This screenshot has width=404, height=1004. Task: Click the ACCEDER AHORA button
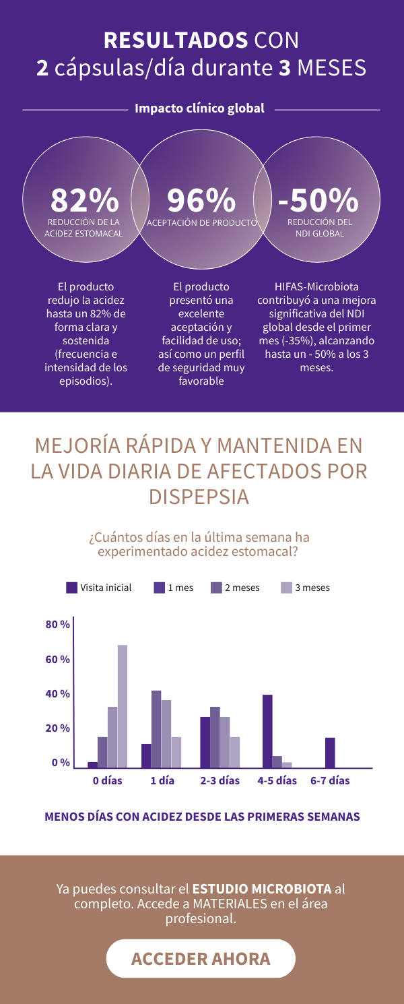coord(201,958)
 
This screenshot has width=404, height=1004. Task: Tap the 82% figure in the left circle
coord(84,199)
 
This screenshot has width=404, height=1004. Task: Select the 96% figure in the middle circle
coord(201,199)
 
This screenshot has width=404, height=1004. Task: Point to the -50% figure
coord(318,199)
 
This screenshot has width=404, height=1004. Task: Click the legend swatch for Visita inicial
coord(72,588)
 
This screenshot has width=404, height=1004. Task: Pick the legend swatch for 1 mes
coord(160,588)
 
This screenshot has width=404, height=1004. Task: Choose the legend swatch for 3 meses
coord(286,588)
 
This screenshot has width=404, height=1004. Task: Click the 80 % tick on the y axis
coord(58,625)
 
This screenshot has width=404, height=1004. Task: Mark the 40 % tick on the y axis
coord(58,694)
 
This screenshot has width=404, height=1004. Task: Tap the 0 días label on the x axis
coord(108,781)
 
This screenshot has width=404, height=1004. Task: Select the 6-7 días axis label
coord(330,781)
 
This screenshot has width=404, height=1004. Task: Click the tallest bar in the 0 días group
coord(123,706)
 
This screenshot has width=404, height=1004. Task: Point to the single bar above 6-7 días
coord(330,753)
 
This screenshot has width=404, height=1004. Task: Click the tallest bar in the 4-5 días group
coord(267,731)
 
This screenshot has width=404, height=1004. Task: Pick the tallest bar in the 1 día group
coord(156,729)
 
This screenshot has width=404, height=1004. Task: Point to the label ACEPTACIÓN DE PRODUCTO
coord(202,222)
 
